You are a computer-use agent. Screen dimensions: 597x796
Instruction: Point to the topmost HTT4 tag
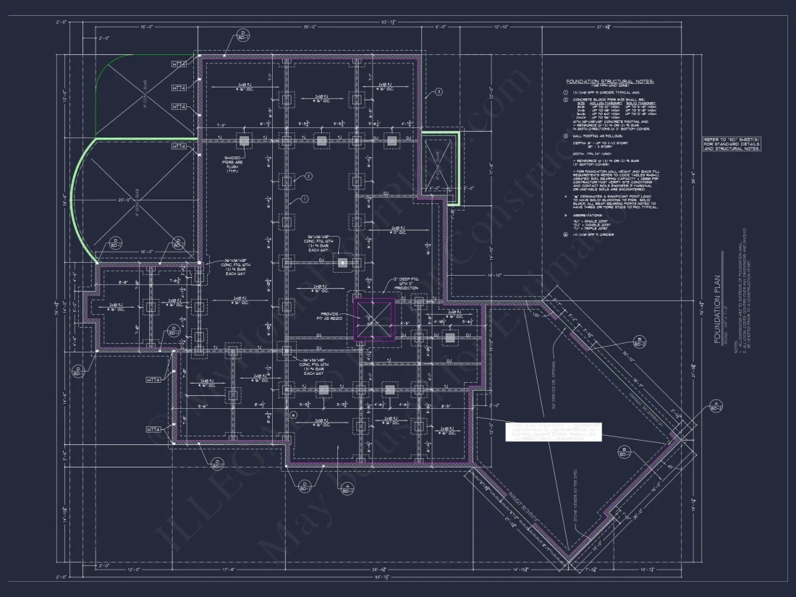[179, 65]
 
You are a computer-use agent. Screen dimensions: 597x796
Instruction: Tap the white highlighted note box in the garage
[553, 431]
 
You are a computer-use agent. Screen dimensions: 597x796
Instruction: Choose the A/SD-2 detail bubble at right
[716, 405]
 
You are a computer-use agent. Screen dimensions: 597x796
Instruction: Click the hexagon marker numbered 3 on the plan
[437, 92]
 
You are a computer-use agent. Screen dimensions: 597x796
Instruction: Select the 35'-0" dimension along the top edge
[310, 27]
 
